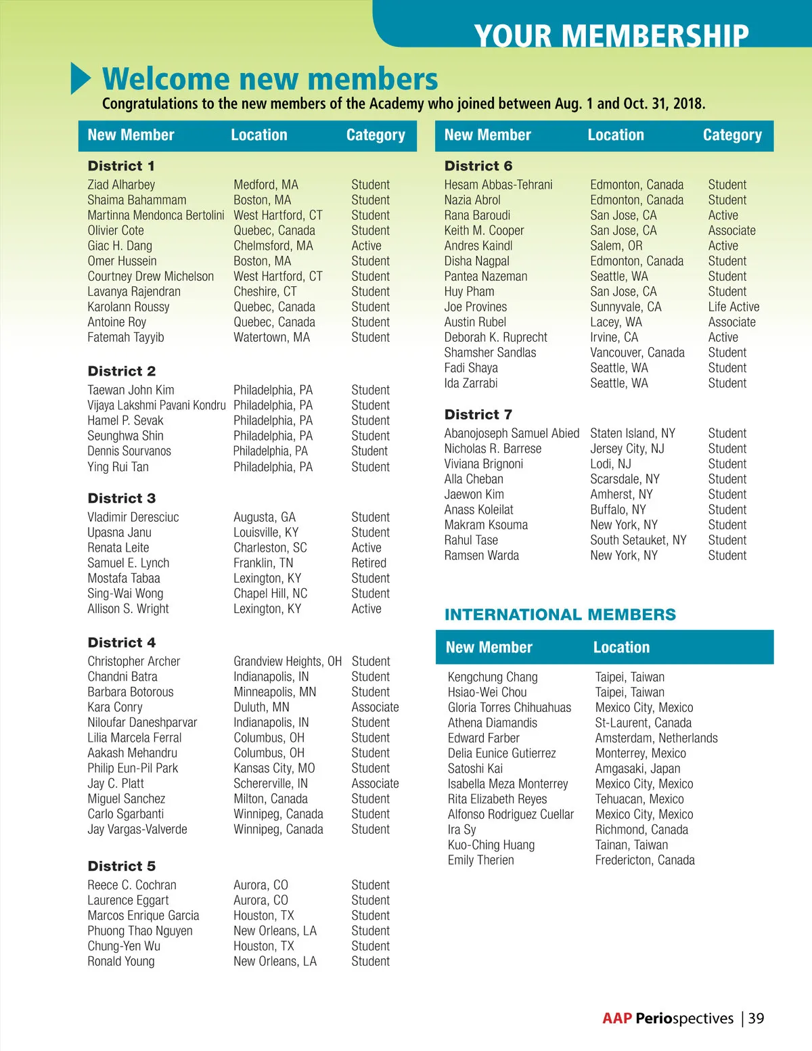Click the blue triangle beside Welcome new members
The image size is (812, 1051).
coord(81,79)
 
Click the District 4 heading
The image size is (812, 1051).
coord(122,642)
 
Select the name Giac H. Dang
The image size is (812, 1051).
coord(120,246)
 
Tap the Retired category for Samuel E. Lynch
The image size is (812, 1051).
coord(369,563)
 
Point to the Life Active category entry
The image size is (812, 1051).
coord(734,307)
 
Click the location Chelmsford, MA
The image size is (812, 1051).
coord(273,246)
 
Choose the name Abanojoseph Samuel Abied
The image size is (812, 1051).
coord(512,433)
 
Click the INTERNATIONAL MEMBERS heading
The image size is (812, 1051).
coord(560,614)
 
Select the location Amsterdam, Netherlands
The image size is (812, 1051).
coord(656,738)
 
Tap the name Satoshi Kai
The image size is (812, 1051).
coord(475,768)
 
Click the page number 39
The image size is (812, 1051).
coord(757,1019)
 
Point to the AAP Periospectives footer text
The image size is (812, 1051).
coord(667,1019)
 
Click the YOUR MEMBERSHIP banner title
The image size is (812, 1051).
coord(612,35)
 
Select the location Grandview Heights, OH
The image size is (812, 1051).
coord(288,661)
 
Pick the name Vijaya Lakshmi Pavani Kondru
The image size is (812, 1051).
coord(156,405)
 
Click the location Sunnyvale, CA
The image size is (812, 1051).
coord(626,307)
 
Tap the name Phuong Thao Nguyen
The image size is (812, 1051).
coord(140,931)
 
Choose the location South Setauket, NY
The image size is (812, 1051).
coord(638,540)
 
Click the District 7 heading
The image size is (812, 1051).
coord(478,414)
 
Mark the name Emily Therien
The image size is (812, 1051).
coord(481,860)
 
